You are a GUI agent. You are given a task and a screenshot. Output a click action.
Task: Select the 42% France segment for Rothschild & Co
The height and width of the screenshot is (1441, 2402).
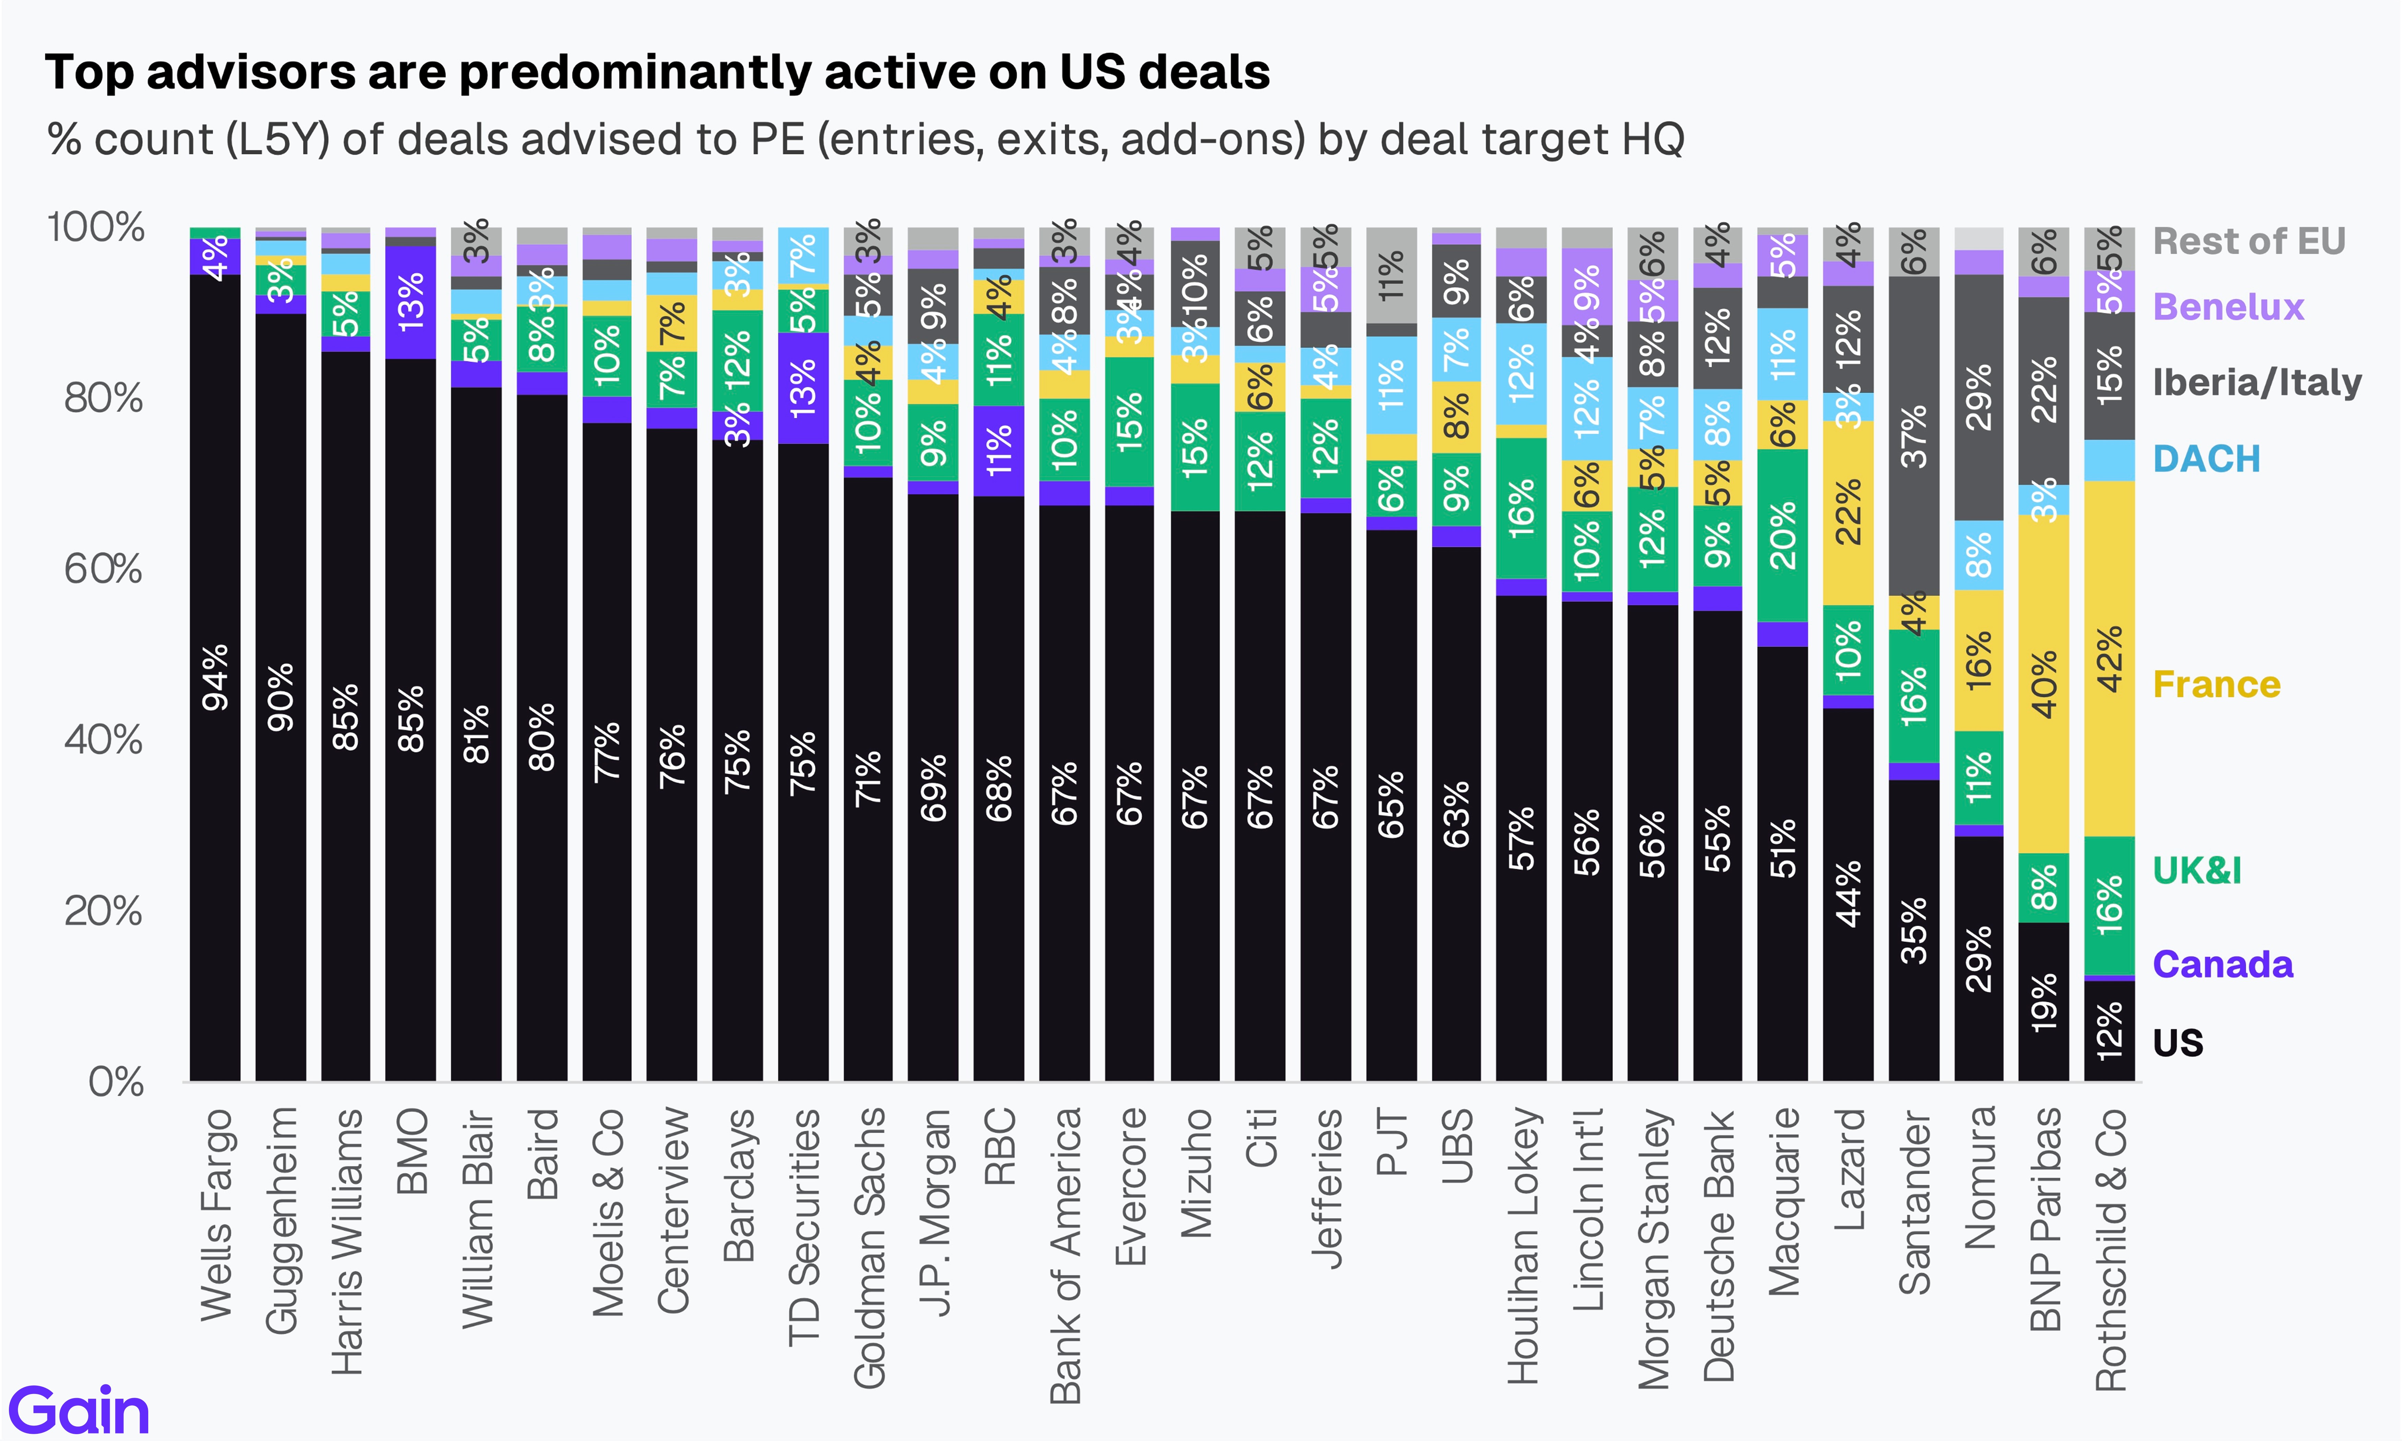point(2109,658)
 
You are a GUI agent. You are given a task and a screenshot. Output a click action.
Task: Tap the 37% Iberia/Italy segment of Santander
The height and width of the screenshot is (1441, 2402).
point(1914,436)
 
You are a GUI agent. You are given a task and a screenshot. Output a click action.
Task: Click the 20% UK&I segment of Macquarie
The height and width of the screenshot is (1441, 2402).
point(1783,535)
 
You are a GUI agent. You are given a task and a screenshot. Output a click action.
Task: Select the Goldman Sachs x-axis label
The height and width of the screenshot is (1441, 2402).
point(869,1248)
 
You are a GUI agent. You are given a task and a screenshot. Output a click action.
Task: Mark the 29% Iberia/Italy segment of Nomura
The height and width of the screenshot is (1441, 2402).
point(1979,397)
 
